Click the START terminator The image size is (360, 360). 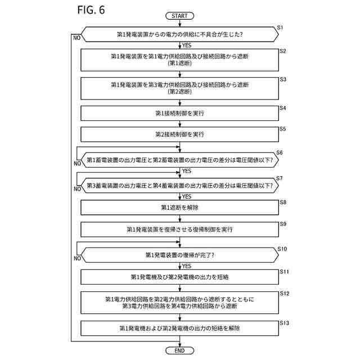(179, 16)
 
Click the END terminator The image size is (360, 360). (179, 350)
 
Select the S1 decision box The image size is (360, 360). (179, 34)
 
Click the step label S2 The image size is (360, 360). (283, 51)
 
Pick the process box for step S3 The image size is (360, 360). (179, 88)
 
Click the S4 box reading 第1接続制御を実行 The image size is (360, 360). (179, 114)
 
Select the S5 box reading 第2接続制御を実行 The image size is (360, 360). (179, 134)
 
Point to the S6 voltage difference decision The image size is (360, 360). (179, 160)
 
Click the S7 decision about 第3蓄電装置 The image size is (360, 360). (179, 186)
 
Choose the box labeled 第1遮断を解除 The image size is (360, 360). (179, 208)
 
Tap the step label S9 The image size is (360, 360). (283, 224)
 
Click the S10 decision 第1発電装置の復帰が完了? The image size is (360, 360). (179, 255)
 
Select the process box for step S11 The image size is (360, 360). (179, 277)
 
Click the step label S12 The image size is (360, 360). (284, 294)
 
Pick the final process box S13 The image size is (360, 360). (179, 327)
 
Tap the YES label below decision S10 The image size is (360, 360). (187, 266)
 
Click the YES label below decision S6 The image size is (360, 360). (187, 171)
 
